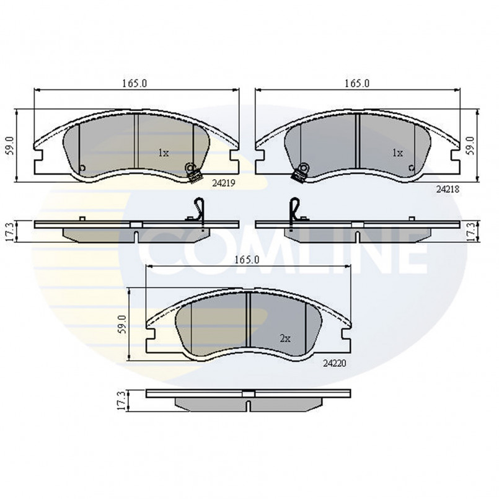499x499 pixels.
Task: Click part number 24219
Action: click(x=223, y=183)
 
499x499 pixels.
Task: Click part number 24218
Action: click(x=448, y=189)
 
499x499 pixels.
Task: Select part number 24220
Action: click(x=335, y=363)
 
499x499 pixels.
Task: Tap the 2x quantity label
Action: click(x=285, y=338)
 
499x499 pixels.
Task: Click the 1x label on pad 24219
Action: click(x=164, y=153)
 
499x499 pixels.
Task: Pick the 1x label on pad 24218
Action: click(x=397, y=153)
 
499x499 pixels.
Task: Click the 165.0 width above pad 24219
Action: click(x=135, y=84)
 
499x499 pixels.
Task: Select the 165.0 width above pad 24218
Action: click(x=357, y=84)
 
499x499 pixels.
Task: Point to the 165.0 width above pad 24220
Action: click(x=247, y=260)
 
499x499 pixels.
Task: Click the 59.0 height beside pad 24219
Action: click(x=10, y=146)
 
